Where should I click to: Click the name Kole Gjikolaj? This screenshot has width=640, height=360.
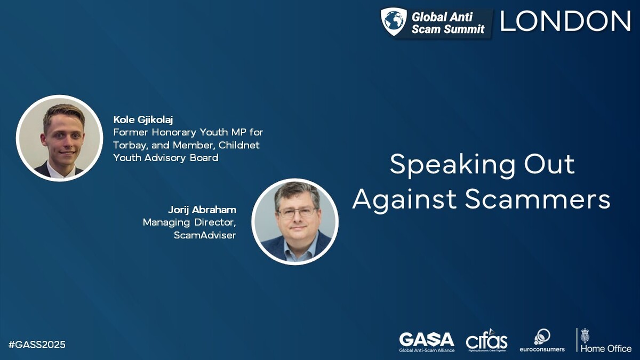click(x=143, y=119)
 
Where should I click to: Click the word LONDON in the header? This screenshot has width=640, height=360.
click(x=565, y=21)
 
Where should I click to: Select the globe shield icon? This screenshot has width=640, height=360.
click(x=394, y=22)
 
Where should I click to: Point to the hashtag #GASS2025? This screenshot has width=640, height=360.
click(x=37, y=345)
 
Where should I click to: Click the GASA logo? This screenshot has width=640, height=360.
click(x=427, y=342)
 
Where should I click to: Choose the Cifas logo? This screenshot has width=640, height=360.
click(x=486, y=340)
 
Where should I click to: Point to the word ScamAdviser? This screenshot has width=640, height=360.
click(x=205, y=235)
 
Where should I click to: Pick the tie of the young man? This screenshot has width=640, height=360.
click(x=60, y=172)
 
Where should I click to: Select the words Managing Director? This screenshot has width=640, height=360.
click(x=189, y=222)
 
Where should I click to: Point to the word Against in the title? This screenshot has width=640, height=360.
click(x=405, y=200)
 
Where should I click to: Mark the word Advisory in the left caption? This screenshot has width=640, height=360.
click(x=167, y=158)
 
